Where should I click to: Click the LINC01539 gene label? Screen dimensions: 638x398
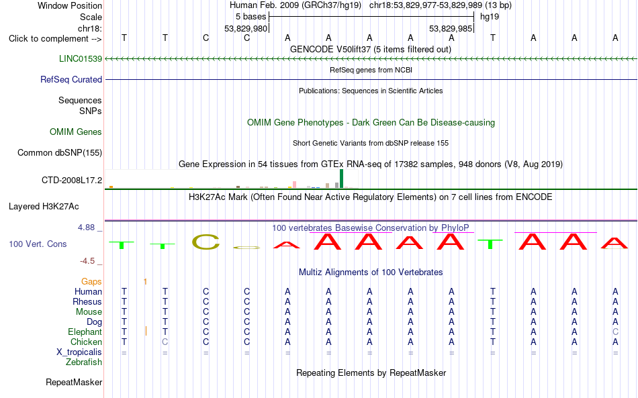pos(81,58)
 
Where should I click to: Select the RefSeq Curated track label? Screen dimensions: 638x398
pos(71,79)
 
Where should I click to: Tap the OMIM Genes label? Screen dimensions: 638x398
pos(76,132)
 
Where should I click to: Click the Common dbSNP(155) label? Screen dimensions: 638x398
pos(60,152)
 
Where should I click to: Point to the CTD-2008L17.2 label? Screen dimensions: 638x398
pos(72,180)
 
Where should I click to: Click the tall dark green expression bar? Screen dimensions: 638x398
pos(341,179)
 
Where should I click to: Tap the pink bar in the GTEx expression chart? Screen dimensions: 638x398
pos(294,185)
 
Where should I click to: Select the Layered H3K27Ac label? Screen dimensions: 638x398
pos(44,207)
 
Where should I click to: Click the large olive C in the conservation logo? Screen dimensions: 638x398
pos(206,242)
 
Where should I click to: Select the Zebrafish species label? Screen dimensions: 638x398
pos(84,362)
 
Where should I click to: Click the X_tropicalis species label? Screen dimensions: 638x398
pos(79,352)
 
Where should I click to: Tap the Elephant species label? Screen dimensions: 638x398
pos(85,332)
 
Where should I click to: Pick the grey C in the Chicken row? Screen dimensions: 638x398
pos(165,342)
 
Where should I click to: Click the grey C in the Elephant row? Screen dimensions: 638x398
pos(615,332)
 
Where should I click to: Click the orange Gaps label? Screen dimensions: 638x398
pos(91,281)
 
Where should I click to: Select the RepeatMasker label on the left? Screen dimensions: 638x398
pos(74,382)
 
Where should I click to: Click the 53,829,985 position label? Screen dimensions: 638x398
pos(451,28)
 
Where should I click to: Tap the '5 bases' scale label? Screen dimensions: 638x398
pos(250,17)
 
